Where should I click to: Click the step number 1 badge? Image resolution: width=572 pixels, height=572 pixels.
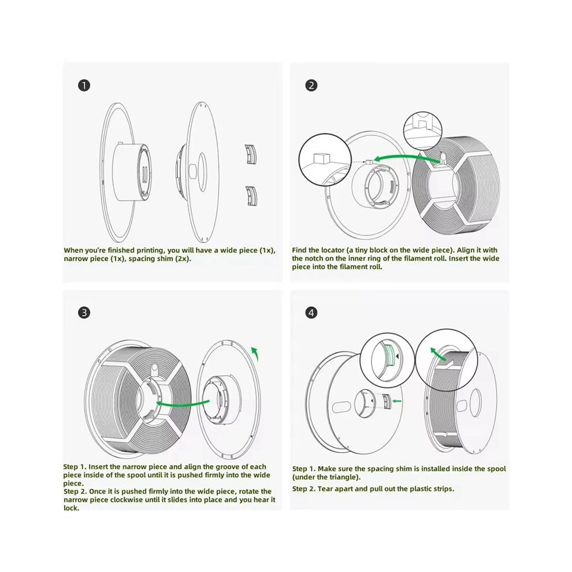point(84,86)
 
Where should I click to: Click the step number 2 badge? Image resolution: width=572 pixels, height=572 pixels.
point(311,86)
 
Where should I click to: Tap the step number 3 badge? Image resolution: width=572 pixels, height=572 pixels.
point(84,313)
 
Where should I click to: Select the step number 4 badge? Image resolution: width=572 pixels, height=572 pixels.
point(311,313)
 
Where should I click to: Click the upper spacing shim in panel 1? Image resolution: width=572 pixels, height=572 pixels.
point(251,154)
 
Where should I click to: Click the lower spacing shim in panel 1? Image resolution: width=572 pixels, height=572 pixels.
point(251,196)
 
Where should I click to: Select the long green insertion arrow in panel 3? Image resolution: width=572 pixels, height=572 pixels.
point(183,404)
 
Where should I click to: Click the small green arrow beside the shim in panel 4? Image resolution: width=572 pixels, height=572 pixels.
point(396,402)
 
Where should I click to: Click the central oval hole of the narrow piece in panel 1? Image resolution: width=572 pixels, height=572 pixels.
point(202,172)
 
